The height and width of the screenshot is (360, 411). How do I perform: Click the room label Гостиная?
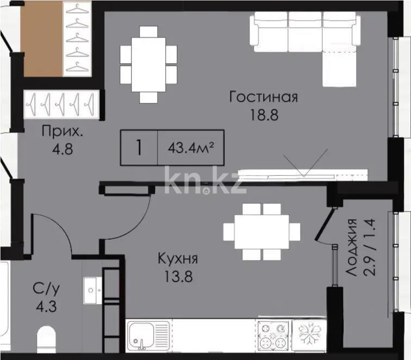tap(263, 97)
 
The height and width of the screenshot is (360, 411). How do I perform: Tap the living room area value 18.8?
tap(263, 116)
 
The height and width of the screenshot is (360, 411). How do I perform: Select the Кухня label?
tap(177, 259)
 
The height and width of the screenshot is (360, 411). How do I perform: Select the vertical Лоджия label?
tap(353, 256)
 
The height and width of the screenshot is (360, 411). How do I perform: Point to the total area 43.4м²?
tap(190, 147)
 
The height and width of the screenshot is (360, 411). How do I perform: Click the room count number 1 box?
tap(139, 147)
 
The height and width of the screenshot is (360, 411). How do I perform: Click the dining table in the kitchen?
tap(261, 232)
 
